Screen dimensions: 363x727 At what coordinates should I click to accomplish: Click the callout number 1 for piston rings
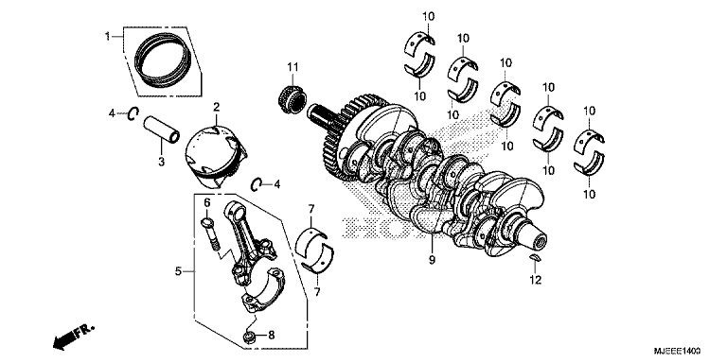[x=107, y=36]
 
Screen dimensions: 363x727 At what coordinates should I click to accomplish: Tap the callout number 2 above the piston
[x=216, y=108]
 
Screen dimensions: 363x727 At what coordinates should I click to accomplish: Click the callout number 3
[x=161, y=162]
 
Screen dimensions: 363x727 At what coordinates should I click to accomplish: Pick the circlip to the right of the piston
[x=257, y=182]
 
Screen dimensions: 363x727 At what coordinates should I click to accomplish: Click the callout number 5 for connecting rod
[x=177, y=272]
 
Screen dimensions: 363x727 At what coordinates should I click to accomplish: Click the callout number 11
[x=293, y=66]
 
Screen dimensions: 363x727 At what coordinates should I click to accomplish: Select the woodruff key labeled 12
[x=533, y=257]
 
